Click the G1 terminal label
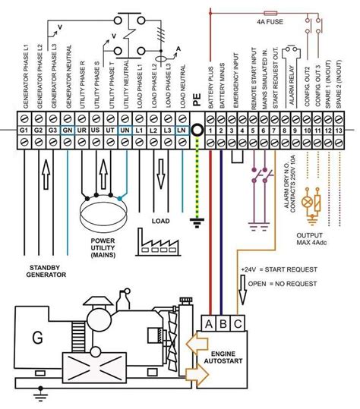24,130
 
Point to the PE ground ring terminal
197,130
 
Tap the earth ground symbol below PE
197,222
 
